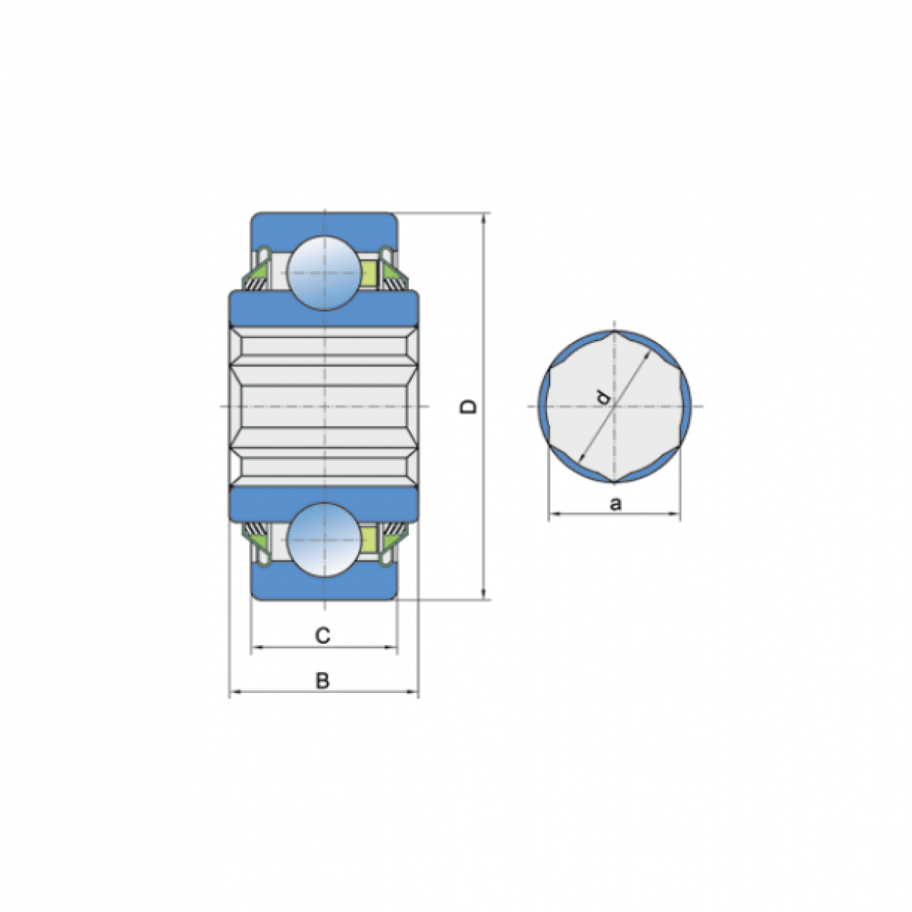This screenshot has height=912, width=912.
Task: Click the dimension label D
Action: click(469, 407)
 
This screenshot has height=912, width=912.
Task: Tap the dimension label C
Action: click(323, 635)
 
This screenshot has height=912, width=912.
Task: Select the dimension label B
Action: click(323, 681)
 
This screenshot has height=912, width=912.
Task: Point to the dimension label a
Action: click(616, 504)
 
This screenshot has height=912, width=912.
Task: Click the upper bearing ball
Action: click(325, 273)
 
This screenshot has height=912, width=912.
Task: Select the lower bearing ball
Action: click(325, 540)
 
